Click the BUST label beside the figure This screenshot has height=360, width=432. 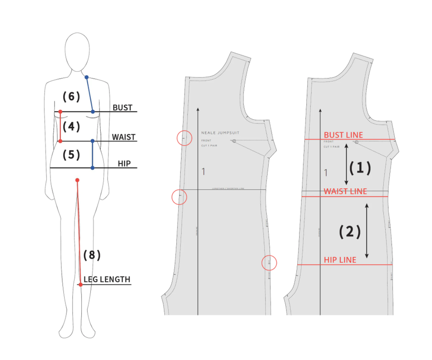click(122, 107)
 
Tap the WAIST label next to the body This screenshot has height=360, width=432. click(124, 137)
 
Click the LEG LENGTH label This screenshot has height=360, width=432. click(107, 279)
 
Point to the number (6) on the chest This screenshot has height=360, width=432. click(71, 97)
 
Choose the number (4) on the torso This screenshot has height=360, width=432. click(71, 127)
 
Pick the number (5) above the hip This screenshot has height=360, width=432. click(71, 154)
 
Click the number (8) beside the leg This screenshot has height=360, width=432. click(92, 255)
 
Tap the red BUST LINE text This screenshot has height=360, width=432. click(343, 135)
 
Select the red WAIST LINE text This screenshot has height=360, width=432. click(345, 191)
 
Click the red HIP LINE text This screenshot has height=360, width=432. click(340, 260)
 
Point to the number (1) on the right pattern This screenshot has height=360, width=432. click(360, 168)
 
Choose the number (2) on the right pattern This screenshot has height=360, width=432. click(349, 232)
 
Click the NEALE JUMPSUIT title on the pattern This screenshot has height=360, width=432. click(220, 133)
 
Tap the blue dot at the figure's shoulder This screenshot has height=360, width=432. click(87, 78)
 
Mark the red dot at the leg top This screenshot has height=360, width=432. click(77, 180)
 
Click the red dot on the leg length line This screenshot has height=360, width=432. click(80, 284)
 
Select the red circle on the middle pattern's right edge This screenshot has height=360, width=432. click(269, 262)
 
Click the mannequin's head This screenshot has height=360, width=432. click(77, 51)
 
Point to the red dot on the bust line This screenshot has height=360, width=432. click(60, 112)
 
